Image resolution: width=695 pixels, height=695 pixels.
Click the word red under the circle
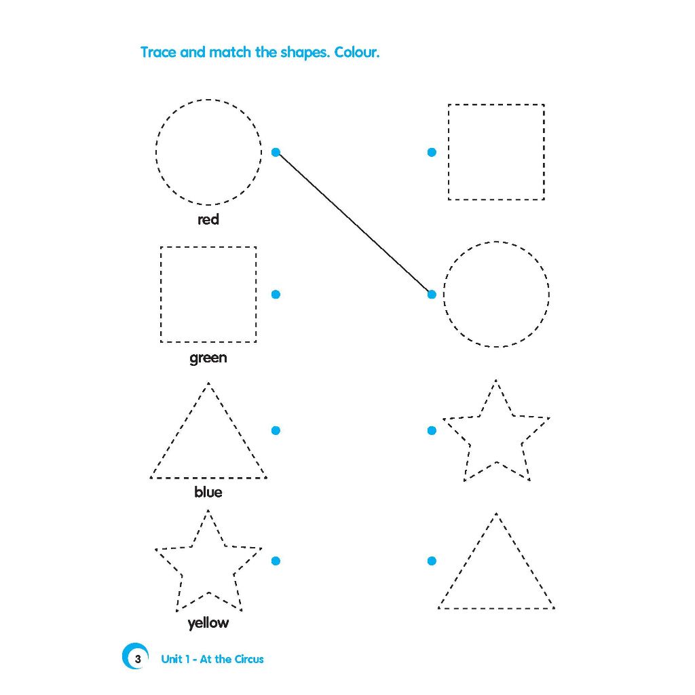click(208, 219)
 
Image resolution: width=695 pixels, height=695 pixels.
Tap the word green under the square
click(208, 358)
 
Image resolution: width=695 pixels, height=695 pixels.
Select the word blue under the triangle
click(208, 492)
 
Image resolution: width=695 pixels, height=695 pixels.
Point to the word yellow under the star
click(208, 623)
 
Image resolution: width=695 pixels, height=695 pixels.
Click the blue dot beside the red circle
click(276, 153)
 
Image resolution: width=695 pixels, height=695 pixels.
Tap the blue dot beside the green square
click(276, 295)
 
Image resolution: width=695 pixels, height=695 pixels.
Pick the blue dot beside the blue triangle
click(276, 430)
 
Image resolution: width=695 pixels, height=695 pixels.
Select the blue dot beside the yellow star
click(276, 561)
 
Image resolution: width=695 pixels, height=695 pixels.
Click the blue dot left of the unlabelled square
click(432, 153)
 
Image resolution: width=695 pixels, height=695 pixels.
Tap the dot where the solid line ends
click(432, 295)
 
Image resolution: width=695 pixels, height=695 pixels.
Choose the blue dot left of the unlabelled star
click(432, 430)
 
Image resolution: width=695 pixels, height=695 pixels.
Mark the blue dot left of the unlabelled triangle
click(432, 561)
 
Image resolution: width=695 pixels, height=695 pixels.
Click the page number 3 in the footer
click(138, 659)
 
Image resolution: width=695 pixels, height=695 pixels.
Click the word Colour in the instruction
click(357, 52)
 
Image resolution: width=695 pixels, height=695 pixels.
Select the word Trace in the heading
click(158, 52)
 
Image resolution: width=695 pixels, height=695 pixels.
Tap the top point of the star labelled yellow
click(208, 510)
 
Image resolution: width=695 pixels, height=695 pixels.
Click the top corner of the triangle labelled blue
click(208, 383)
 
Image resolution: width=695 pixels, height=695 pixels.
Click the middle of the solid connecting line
click(354, 223)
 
